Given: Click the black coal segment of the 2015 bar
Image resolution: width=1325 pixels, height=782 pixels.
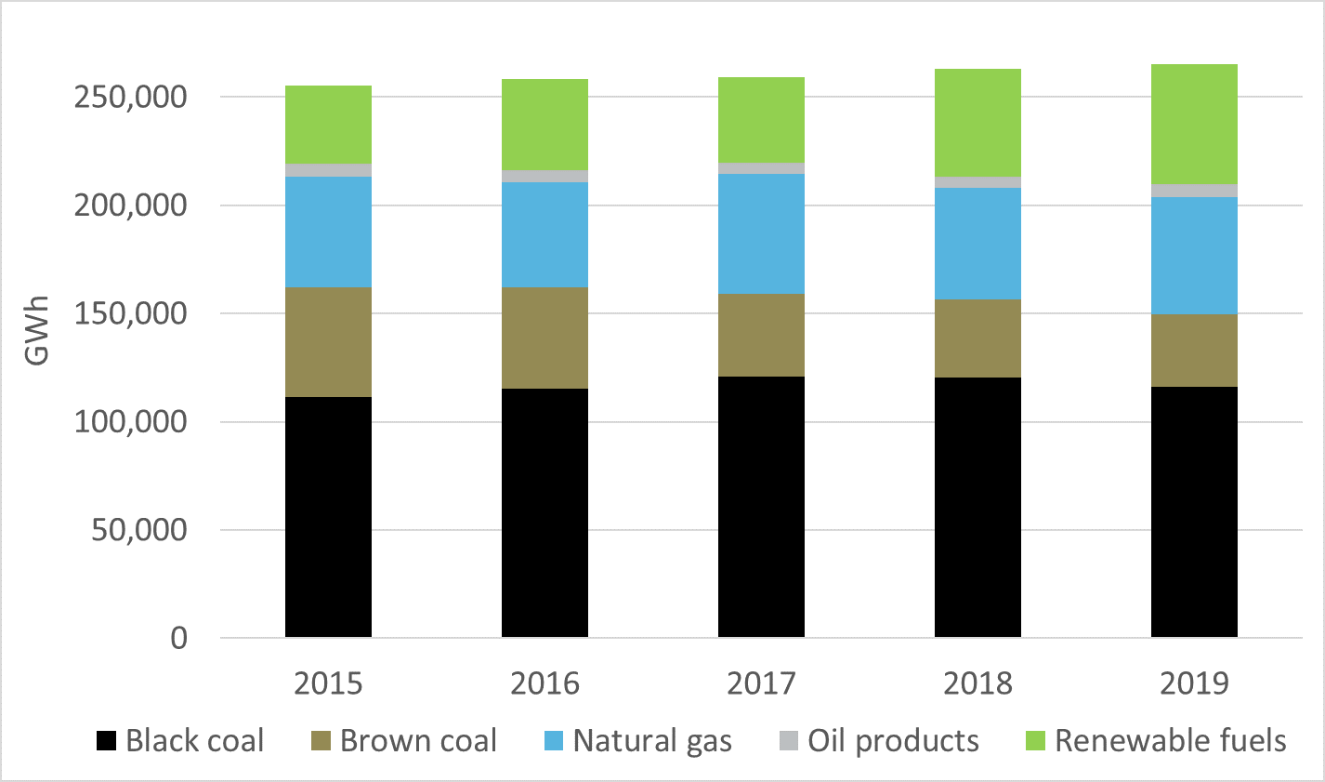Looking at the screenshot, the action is (x=328, y=517).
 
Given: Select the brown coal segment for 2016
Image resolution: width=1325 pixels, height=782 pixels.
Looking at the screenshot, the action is (x=544, y=338).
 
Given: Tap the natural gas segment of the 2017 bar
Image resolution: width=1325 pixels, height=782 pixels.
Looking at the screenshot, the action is (x=761, y=233).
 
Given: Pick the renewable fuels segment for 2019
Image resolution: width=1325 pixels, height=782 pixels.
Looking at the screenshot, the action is (x=1194, y=125).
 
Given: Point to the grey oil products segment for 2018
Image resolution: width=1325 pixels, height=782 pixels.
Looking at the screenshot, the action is (x=977, y=182).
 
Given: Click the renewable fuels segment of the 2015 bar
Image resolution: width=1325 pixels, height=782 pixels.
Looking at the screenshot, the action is (x=328, y=125).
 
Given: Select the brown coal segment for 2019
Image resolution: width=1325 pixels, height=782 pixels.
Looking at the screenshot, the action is (x=1194, y=351).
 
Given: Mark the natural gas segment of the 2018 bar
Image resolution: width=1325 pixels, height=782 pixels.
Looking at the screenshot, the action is (x=977, y=244).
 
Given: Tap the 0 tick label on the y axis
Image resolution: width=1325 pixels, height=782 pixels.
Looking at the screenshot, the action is (x=179, y=639).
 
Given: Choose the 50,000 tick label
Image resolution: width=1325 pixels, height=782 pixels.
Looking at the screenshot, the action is (x=139, y=530).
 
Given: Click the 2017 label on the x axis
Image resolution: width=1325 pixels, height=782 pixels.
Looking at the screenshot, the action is (x=761, y=683).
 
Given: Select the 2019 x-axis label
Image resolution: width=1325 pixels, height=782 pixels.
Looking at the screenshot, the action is (x=1194, y=683).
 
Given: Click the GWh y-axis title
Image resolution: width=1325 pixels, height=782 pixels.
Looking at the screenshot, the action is (x=36, y=330).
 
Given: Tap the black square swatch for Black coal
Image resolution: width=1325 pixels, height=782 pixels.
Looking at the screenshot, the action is (x=107, y=741).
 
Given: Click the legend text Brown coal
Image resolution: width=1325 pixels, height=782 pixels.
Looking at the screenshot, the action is (x=418, y=740).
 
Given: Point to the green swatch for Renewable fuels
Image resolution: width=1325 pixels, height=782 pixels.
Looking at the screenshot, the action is (x=1035, y=741).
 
